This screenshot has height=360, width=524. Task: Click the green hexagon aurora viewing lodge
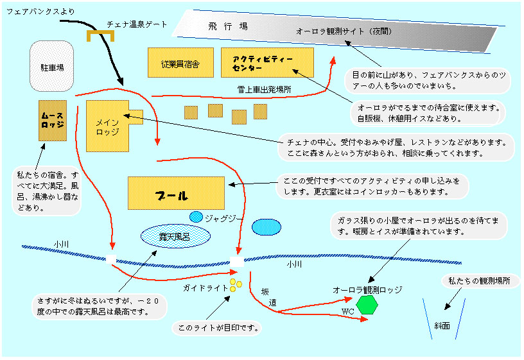(x=368, y=304)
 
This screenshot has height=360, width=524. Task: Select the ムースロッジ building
(x=52, y=120)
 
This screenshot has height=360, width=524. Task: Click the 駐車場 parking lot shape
(x=51, y=66)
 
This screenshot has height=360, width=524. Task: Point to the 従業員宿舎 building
(x=180, y=63)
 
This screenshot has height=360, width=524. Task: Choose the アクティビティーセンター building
(x=266, y=63)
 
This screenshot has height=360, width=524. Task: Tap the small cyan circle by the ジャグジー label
(x=196, y=217)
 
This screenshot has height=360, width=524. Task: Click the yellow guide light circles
(x=234, y=286)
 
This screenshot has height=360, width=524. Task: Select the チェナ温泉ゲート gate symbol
(x=100, y=35)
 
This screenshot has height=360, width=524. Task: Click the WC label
(x=347, y=311)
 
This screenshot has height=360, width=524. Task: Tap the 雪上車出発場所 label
(x=264, y=90)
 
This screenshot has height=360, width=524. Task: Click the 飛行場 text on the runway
(x=228, y=26)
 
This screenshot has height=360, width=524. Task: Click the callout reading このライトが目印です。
(x=218, y=329)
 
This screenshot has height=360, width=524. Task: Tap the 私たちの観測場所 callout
(x=480, y=281)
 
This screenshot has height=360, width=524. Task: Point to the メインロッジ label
(x=107, y=126)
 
